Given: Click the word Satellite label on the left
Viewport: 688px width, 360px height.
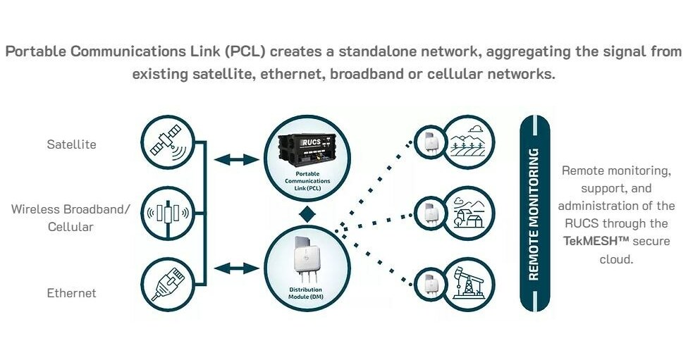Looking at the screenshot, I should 71,144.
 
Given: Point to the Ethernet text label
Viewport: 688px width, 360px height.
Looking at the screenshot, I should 71,292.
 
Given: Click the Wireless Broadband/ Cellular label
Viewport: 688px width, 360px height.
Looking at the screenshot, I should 71,218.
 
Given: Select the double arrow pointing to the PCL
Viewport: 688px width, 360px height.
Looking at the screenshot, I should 237,160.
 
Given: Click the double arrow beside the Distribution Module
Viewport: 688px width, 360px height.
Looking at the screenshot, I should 237,268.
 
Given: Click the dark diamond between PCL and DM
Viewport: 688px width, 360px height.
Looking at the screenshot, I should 307,213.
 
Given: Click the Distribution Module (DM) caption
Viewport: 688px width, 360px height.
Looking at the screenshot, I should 307,294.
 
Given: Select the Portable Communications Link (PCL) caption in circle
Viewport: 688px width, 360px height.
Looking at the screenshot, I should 307,181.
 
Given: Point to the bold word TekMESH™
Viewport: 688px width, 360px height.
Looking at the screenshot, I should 596,241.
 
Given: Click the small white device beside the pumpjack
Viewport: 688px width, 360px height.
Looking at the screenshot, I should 429,285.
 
